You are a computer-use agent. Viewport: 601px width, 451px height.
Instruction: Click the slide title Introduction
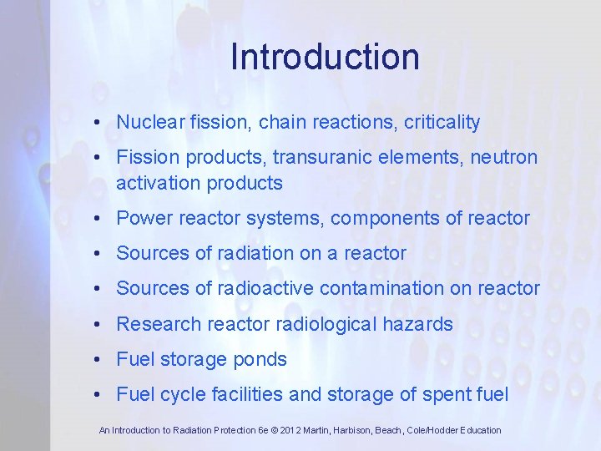325,57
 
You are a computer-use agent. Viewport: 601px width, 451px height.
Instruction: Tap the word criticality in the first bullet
442,123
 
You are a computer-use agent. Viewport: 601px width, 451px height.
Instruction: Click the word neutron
508,157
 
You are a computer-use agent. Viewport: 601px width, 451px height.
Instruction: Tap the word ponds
260,360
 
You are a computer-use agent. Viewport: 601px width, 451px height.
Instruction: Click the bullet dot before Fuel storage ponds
98,360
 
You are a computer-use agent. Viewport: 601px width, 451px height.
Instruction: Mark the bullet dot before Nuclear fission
98,123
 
